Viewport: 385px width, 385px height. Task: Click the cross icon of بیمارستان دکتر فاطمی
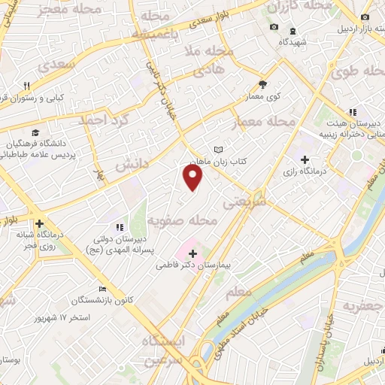tap(193, 253)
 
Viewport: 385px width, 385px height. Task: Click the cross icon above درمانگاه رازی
tap(305, 159)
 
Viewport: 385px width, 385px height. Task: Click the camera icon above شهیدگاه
tap(274, 28)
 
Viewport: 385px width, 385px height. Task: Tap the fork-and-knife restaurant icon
tap(27, 86)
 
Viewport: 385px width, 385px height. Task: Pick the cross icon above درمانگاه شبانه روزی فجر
tap(39, 223)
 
